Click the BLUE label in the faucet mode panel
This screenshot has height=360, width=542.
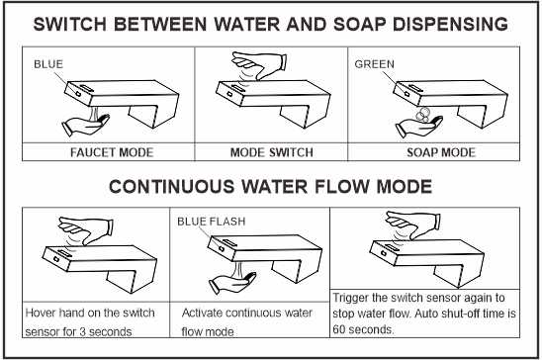48,64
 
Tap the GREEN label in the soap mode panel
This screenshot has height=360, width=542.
374,64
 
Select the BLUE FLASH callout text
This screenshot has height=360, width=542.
212,222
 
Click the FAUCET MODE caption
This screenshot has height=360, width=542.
112,152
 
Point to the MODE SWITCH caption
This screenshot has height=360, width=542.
272,152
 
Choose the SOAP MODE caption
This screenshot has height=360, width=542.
441,152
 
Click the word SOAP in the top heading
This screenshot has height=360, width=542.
359,24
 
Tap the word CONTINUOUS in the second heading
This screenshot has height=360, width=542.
171,187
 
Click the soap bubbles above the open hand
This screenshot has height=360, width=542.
422,114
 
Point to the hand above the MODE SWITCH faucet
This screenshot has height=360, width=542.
259,65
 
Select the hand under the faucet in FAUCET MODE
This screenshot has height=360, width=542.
85,125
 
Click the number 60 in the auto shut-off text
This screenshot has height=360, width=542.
339,329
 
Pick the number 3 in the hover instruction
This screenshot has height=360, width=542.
83,332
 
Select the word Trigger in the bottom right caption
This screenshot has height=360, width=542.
349,298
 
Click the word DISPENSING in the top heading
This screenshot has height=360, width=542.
450,24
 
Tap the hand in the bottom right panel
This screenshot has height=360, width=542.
413,225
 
